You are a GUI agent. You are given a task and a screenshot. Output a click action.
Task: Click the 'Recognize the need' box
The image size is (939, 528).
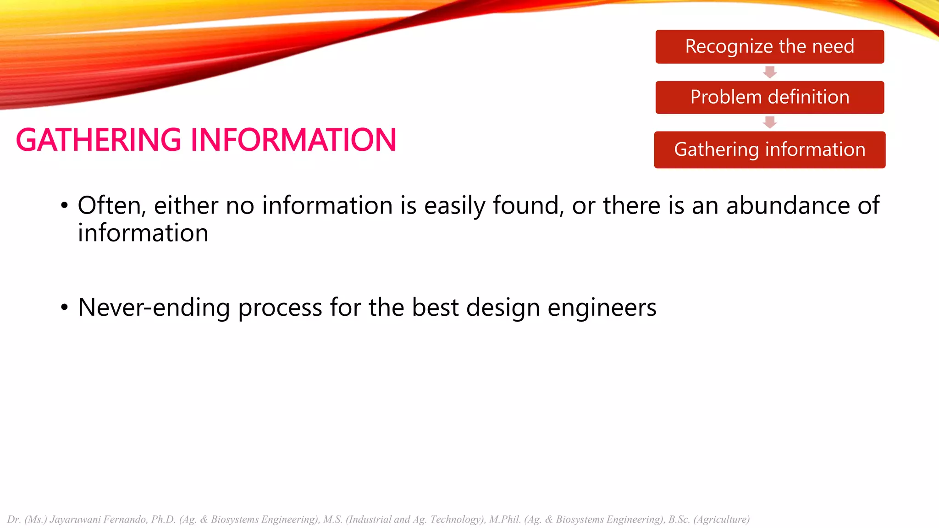[x=769, y=47]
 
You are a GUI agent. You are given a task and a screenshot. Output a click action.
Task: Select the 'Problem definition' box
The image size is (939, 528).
[x=769, y=97]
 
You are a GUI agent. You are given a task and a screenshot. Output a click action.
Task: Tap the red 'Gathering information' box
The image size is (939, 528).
[x=769, y=150]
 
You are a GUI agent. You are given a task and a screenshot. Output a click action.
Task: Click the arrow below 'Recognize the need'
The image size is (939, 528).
[x=769, y=72]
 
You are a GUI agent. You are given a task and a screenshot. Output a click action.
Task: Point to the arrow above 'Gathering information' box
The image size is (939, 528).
[x=769, y=122]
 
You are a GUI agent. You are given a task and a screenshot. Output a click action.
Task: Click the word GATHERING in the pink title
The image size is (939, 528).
[x=99, y=140]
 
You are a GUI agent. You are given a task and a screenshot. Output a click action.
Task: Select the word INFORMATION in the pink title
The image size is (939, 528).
[x=293, y=140]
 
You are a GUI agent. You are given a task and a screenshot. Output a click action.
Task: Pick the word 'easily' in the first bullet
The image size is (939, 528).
[x=454, y=206]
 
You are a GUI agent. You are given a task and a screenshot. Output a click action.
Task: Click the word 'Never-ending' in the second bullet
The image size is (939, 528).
[x=154, y=308]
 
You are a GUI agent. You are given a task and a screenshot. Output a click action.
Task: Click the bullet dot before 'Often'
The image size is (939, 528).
[x=65, y=206]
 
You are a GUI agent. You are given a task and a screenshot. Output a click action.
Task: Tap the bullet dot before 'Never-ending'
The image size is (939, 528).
[x=65, y=308]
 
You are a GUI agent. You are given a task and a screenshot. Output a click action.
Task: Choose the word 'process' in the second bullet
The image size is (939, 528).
[x=280, y=308]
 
